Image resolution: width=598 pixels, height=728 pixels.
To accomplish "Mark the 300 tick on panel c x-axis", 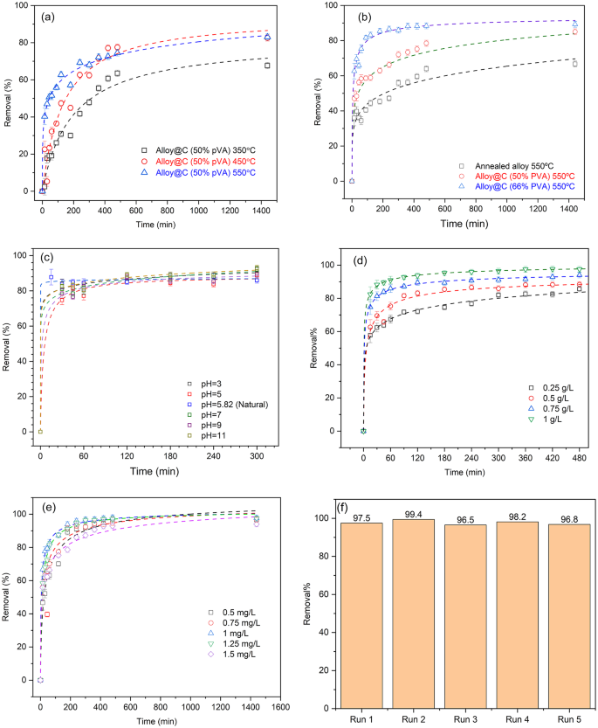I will (257, 445).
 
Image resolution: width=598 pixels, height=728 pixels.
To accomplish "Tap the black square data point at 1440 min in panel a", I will (267, 66).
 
